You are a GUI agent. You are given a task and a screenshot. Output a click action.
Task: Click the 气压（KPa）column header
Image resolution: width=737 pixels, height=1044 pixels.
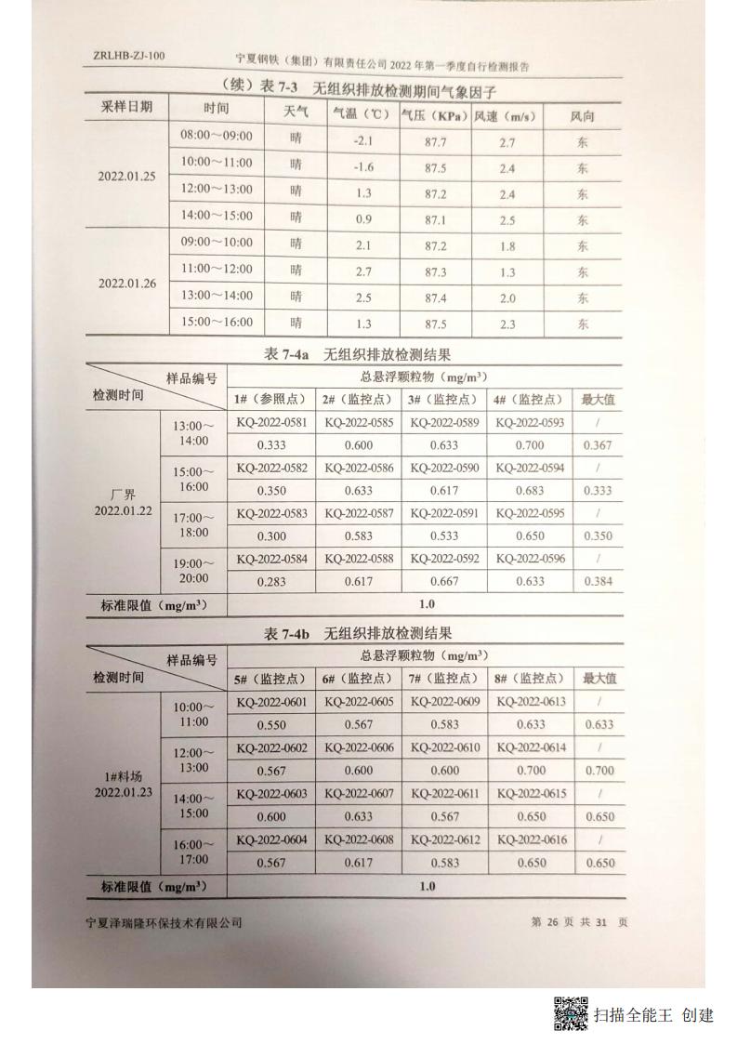coord(434,116)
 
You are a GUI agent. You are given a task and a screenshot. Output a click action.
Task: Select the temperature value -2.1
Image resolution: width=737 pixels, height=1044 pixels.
coord(363,142)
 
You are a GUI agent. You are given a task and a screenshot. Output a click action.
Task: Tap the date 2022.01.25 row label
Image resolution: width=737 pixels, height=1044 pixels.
coord(128,177)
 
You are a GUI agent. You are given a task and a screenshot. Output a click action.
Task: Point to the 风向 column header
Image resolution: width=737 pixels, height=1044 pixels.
coord(583,116)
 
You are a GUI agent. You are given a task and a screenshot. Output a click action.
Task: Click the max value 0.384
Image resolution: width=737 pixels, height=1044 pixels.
coord(599,582)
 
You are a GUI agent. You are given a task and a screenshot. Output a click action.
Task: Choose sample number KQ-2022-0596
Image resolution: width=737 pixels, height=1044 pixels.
coord(529,560)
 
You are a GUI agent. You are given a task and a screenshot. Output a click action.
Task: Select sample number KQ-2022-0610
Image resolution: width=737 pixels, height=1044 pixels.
coord(445,748)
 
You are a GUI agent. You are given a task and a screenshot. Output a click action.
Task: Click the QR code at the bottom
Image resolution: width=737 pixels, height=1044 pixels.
coord(572,1013)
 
